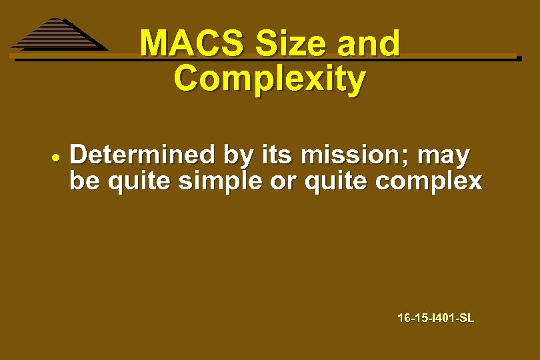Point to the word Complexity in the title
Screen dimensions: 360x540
(x=269, y=79)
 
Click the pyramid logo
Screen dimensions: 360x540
(x=58, y=35)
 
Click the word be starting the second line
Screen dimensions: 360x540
(x=83, y=181)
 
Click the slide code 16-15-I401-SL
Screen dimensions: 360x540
(x=435, y=319)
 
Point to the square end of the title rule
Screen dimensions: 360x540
(x=519, y=59)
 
